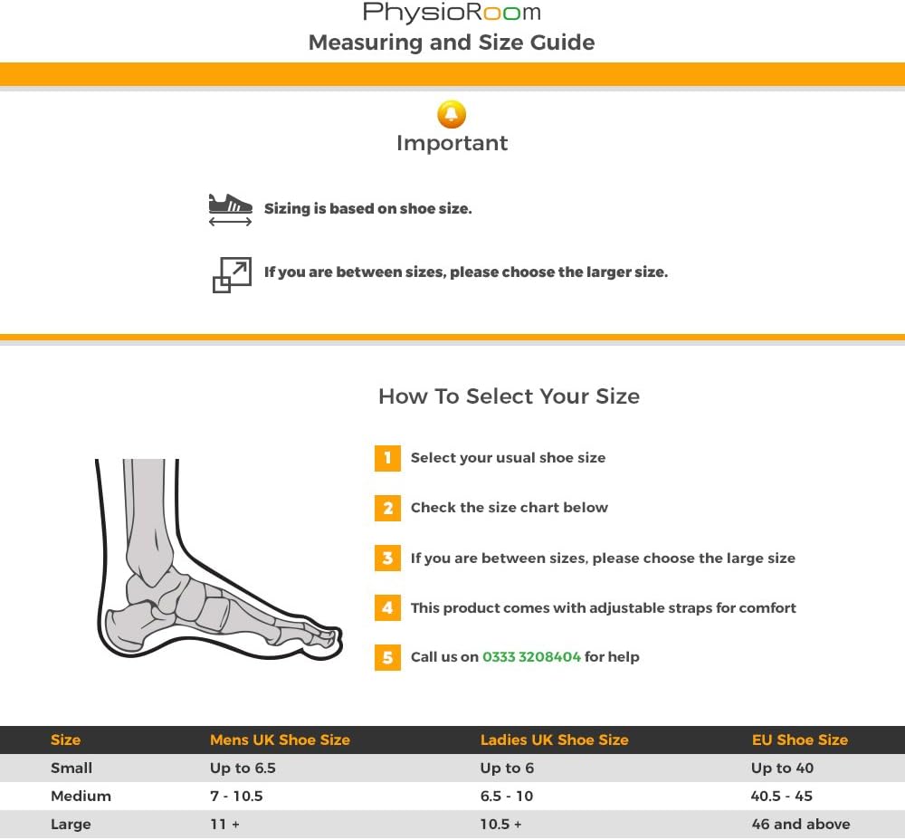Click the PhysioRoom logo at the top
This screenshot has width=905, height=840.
click(452, 13)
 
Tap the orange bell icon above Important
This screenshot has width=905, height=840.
click(452, 114)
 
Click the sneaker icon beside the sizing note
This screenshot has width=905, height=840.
click(230, 208)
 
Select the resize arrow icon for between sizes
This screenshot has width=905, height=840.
click(232, 274)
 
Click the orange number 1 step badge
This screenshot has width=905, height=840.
click(387, 458)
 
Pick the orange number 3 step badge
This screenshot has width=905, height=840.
click(387, 558)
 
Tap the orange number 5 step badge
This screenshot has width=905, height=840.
click(387, 657)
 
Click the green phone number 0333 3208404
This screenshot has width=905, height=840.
click(531, 657)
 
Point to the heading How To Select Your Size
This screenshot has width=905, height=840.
click(509, 396)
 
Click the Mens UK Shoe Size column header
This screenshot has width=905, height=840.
click(280, 740)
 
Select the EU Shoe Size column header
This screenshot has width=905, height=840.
click(800, 740)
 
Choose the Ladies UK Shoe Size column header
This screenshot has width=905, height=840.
click(554, 740)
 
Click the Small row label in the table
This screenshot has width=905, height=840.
click(71, 768)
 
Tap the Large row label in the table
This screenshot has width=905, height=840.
click(71, 824)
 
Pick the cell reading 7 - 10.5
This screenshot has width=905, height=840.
click(236, 796)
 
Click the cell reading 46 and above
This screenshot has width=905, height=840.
click(801, 824)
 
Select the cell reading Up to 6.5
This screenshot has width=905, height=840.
click(243, 768)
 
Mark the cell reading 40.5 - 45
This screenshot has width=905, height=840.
click(782, 796)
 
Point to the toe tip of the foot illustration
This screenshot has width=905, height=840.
click(337, 639)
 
